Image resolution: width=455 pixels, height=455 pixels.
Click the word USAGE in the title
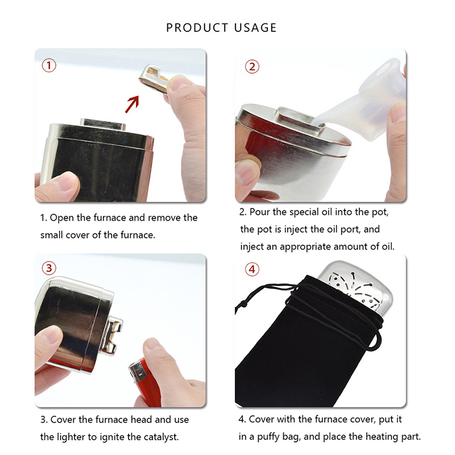point(255,28)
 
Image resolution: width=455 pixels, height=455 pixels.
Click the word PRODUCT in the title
point(197,28)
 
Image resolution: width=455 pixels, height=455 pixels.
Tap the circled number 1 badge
point(49,65)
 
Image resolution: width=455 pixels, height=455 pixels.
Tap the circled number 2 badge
point(252,67)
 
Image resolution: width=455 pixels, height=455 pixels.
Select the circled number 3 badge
point(49,268)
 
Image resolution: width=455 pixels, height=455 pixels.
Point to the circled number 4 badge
point(252,269)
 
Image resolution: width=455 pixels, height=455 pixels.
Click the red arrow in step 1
point(132,104)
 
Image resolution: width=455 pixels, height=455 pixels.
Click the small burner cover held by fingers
point(153,78)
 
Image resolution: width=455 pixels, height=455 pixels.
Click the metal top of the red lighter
point(137,371)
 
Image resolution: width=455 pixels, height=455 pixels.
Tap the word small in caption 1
point(52,235)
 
